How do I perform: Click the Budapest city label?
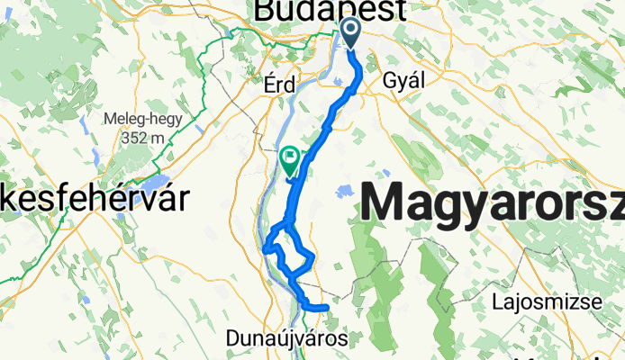(x=331, y=12)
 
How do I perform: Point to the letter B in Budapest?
(x=267, y=12)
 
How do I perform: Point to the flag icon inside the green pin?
(x=290, y=157)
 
